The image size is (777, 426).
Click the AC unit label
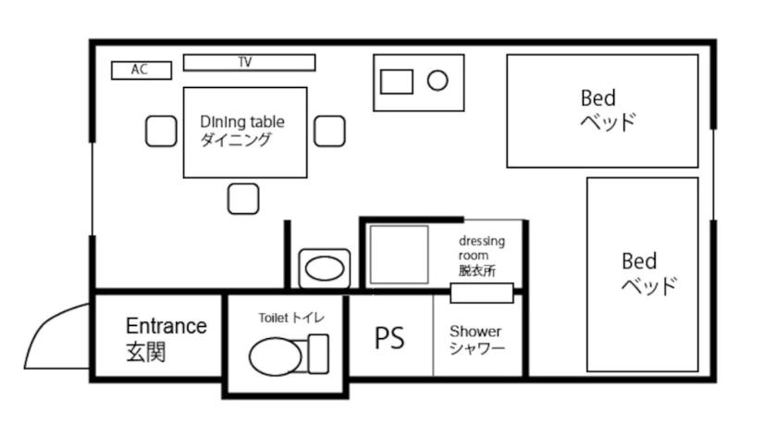(x=140, y=69)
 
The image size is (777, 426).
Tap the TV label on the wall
(x=245, y=62)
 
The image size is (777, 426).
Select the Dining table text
(x=242, y=122)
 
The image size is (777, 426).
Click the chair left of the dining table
(x=161, y=132)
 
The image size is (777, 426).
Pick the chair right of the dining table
(x=329, y=132)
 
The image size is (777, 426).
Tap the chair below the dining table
(x=243, y=199)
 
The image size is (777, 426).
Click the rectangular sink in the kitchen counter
(x=397, y=81)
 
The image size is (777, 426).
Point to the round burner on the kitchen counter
(x=438, y=81)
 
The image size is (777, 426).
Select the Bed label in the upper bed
(x=598, y=98)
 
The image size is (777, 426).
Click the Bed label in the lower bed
(x=639, y=261)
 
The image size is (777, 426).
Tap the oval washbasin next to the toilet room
(x=325, y=269)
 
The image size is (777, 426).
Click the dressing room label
(x=481, y=248)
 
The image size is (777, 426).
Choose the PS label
(x=389, y=338)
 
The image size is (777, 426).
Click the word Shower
(x=475, y=332)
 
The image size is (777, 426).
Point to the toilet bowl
(x=276, y=356)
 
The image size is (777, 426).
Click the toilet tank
(x=318, y=354)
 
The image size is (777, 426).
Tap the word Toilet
(x=273, y=318)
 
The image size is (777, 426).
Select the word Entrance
(x=166, y=326)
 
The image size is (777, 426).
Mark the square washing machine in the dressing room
(x=399, y=255)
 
